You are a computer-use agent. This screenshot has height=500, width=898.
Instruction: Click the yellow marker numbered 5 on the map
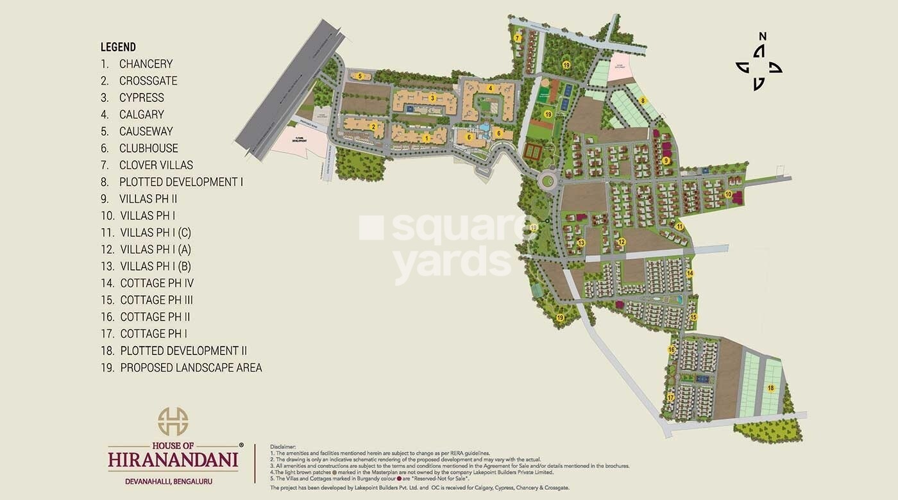click(360, 76)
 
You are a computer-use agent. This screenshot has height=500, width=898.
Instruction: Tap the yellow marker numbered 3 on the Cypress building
click(433, 98)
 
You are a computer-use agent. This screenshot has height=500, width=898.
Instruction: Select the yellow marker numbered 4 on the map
click(490, 88)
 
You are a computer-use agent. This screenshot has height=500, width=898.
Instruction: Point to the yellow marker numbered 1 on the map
click(427, 138)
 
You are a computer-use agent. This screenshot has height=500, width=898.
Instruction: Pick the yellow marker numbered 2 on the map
click(373, 126)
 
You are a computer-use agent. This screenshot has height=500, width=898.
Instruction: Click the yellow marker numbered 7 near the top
click(517, 38)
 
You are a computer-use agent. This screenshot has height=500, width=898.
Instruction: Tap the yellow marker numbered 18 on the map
click(770, 388)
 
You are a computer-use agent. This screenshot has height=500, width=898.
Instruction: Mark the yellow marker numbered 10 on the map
click(728, 194)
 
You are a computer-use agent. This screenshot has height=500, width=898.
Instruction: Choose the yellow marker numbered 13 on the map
click(581, 243)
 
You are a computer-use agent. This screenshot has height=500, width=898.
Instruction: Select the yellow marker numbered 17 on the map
click(670, 397)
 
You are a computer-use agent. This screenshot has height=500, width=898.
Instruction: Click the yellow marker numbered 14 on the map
click(690, 273)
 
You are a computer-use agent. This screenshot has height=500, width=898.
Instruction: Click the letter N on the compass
click(763, 37)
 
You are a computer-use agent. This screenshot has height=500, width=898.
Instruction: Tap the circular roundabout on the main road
click(548, 181)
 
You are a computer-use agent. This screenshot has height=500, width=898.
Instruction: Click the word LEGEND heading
click(118, 47)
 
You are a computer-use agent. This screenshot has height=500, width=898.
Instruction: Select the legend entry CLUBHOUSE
click(148, 148)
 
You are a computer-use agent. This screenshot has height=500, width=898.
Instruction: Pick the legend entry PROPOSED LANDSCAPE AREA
click(191, 368)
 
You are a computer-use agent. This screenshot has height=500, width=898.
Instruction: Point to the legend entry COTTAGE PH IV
click(157, 283)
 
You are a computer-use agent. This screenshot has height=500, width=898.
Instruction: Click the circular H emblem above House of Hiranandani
click(173, 421)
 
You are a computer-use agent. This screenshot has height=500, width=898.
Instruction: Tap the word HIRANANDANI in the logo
click(173, 460)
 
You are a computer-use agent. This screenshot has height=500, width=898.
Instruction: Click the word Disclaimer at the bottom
click(284, 446)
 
